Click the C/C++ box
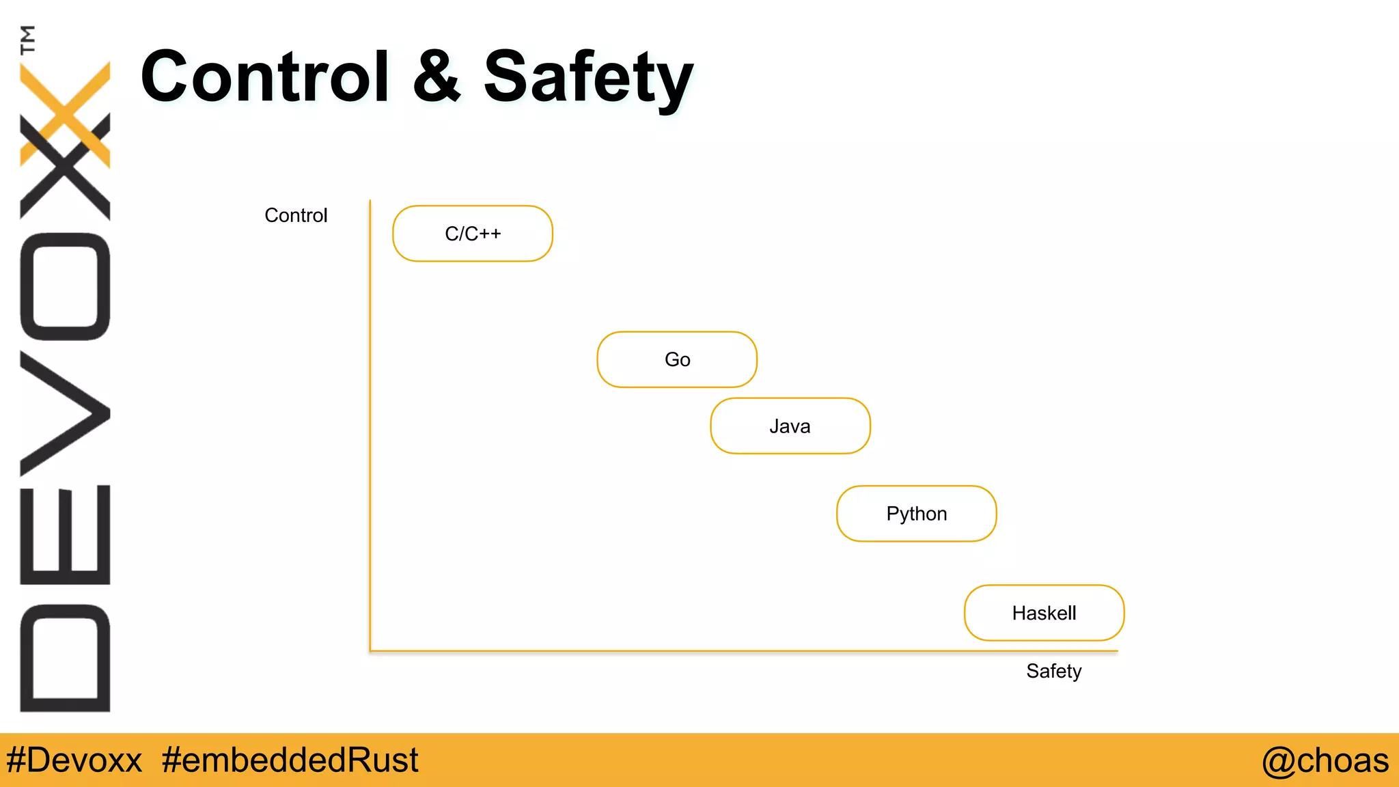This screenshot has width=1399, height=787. coord(473,234)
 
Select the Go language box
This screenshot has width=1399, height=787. coord(677,359)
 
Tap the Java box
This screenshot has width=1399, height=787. coord(790,426)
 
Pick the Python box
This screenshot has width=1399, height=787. coord(916,514)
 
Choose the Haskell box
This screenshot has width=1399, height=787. coord(1044,613)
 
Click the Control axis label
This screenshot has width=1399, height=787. coord(296,215)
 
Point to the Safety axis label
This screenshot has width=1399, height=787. coord(1053,671)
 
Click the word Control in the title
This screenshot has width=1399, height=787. coord(265,77)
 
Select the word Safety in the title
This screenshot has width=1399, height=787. coord(588,78)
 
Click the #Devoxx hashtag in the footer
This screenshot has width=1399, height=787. coord(74,760)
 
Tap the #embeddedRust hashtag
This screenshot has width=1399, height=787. coord(290,760)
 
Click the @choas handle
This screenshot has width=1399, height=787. coord(1325,760)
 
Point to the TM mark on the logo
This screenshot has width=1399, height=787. coord(27,40)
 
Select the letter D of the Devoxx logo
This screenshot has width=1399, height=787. coord(65,658)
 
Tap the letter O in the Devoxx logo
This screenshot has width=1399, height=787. coord(65,286)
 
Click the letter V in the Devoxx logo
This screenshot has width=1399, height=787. coord(65,413)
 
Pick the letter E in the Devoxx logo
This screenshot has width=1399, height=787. coord(65,534)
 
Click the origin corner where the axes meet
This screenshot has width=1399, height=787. coord(370,651)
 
